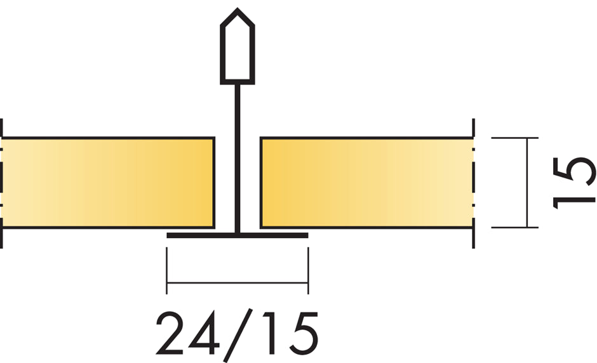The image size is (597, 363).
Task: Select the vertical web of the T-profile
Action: click(238, 159)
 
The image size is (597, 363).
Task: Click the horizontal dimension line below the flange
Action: click(237, 283)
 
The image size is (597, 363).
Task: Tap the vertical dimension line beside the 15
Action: click(527, 182)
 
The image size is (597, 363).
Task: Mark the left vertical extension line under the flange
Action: click(166, 270)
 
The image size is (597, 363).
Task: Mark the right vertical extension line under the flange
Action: click(308, 270)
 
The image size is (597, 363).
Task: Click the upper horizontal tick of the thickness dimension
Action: click(514, 138)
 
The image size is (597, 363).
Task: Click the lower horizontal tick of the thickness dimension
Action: click(514, 227)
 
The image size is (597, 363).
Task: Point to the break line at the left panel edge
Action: click(2, 182)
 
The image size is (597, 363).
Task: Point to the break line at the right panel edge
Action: click(474, 182)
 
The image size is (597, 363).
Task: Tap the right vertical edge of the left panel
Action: click(213, 182)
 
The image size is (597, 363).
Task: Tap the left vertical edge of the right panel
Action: click(261, 182)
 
